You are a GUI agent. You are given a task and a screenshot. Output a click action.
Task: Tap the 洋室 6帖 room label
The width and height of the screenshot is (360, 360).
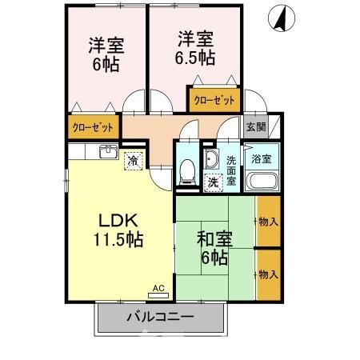click(x=105, y=53)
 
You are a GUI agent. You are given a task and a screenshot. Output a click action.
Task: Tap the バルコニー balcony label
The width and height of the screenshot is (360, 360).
click(x=159, y=318)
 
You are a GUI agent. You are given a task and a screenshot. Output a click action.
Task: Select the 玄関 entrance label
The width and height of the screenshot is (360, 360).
click(x=255, y=126)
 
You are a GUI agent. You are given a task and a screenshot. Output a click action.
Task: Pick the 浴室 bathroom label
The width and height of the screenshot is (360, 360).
click(x=261, y=159)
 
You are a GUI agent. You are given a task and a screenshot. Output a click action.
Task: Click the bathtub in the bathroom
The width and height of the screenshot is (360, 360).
click(x=262, y=181)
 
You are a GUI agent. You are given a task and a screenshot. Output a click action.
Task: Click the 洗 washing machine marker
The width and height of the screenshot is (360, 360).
click(x=214, y=182)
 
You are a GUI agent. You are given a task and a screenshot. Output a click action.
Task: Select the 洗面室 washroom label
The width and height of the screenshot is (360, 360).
click(x=230, y=170)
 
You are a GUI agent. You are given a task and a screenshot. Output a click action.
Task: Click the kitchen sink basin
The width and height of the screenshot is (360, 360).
click(x=107, y=151)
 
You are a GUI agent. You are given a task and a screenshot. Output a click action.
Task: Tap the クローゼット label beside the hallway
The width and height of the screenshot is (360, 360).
click(x=93, y=126)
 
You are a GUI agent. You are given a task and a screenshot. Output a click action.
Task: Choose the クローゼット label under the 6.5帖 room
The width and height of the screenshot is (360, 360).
click(x=214, y=101)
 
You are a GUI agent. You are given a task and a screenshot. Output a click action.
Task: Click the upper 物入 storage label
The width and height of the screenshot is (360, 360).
click(x=267, y=221)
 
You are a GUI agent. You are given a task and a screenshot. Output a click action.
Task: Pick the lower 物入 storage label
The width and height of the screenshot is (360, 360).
click(x=267, y=274)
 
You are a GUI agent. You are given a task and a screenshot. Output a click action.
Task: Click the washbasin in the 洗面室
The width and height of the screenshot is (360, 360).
click(x=212, y=158)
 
